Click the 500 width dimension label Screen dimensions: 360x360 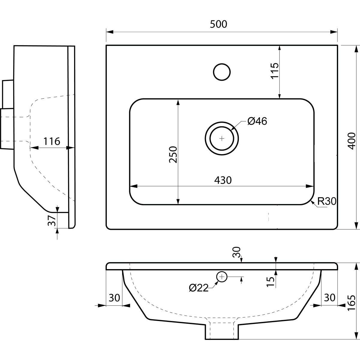point(218,24)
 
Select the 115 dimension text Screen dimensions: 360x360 point(274,71)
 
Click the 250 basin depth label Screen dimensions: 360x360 point(173,154)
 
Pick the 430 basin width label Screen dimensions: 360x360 point(223,180)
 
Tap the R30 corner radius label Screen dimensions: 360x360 point(326,201)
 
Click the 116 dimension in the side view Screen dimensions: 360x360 point(52,141)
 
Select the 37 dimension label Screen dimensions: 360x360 point(52,221)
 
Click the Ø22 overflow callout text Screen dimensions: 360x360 point(199,288)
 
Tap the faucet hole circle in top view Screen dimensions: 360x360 point(222,72)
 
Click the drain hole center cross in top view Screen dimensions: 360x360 point(222,138)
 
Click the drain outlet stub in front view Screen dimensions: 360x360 point(222,331)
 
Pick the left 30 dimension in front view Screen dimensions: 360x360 point(114,298)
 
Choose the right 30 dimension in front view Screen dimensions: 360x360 point(329,298)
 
